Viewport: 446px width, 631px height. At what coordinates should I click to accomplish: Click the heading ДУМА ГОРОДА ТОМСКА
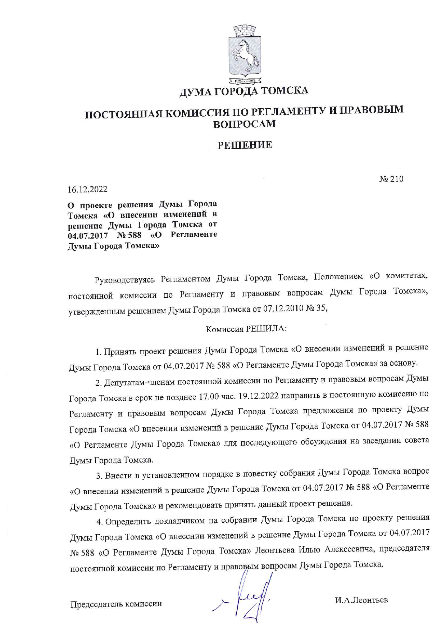tap(244, 91)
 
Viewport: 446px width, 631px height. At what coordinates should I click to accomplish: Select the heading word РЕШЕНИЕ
tap(245, 145)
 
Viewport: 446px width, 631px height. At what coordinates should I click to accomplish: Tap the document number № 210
tap(391, 179)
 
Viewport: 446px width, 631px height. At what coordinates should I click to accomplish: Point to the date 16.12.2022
tap(88, 189)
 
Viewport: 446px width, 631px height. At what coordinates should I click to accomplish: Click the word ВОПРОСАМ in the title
tap(245, 124)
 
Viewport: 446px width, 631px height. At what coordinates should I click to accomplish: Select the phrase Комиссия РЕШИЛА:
tap(246, 329)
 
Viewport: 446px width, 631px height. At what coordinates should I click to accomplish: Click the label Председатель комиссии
tap(116, 604)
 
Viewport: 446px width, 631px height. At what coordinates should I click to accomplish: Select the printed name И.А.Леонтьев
tap(361, 600)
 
